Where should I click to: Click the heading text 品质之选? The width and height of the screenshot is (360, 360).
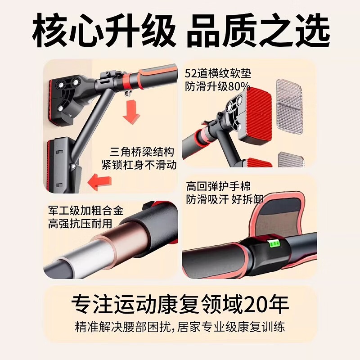click(x=258, y=31)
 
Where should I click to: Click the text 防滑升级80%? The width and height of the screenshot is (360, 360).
click(x=218, y=87)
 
